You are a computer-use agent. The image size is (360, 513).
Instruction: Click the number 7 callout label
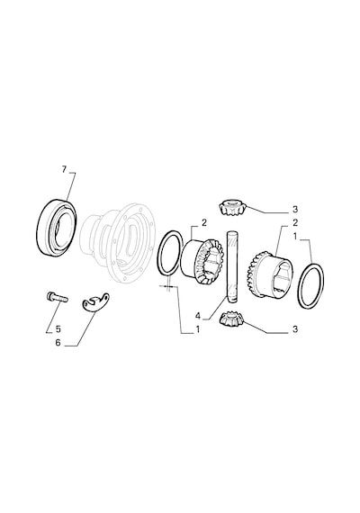click(64, 169)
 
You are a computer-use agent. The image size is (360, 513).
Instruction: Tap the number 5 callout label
click(58, 328)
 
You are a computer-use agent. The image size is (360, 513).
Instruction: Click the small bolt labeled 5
click(57, 297)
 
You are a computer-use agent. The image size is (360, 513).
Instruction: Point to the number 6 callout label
click(58, 343)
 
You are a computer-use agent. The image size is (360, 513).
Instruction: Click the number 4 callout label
click(198, 316)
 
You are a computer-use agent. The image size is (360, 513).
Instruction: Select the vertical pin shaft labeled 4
click(230, 266)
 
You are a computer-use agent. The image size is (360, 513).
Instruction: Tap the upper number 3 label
click(295, 209)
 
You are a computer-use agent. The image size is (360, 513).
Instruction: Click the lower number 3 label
click(295, 329)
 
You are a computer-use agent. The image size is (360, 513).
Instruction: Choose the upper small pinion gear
click(231, 207)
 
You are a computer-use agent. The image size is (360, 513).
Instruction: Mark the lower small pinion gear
click(232, 319)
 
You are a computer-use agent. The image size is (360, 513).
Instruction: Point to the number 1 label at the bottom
click(198, 329)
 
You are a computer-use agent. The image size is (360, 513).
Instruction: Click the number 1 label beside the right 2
click(295, 236)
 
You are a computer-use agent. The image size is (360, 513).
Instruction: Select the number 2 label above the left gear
click(204, 223)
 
